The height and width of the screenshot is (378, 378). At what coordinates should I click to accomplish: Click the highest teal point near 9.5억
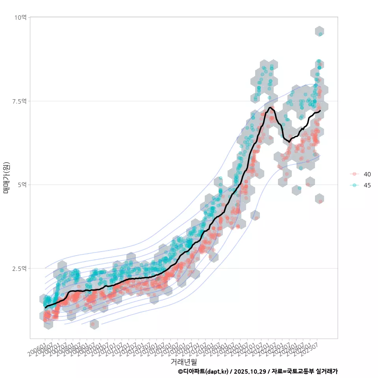pyautogui.click(x=321, y=34)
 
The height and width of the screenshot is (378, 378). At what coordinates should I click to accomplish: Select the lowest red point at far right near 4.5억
pyautogui.click(x=321, y=201)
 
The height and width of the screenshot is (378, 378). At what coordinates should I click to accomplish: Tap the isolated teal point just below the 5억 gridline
pyautogui.click(x=299, y=188)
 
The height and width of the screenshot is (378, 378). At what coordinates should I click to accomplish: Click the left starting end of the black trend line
pyautogui.click(x=46, y=307)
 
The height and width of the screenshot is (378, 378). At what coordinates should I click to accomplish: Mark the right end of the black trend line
pyautogui.click(x=320, y=111)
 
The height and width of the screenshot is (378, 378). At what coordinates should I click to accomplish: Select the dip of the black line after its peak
pyautogui.click(x=289, y=141)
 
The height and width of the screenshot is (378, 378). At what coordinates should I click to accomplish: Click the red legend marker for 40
pyautogui.click(x=354, y=174)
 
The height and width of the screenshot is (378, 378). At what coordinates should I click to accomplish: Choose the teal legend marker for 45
pyautogui.click(x=354, y=185)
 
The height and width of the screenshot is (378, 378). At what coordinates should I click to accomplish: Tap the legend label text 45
pyautogui.click(x=367, y=185)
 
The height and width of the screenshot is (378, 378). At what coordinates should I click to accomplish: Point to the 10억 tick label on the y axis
pyautogui.click(x=20, y=17)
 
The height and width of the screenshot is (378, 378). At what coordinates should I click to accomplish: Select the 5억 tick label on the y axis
pyautogui.click(x=22, y=185)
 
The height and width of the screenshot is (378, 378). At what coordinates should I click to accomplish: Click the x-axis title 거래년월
pyautogui.click(x=183, y=361)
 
